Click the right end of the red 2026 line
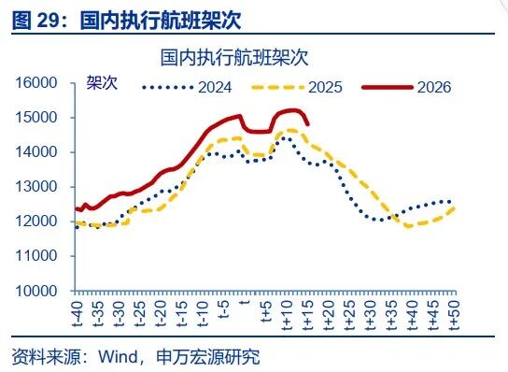[308, 123]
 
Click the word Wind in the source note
[117, 357]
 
